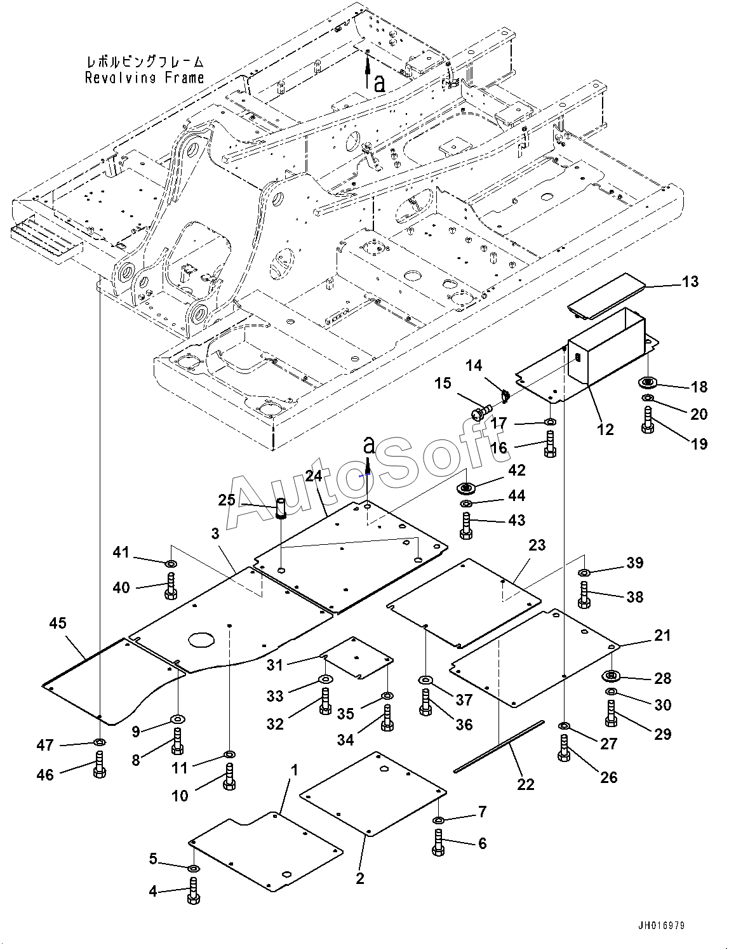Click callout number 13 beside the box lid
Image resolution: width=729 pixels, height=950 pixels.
(690, 282)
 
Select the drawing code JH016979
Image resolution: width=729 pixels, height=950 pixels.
(661, 925)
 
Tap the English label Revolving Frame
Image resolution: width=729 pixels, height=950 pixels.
(144, 78)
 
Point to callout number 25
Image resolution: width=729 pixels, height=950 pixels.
(227, 500)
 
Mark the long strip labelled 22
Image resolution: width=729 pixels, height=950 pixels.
(498, 747)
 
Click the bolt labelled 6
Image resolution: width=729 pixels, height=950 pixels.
(438, 843)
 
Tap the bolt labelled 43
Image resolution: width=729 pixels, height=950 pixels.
(466, 526)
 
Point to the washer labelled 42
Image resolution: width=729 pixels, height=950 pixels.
(466, 488)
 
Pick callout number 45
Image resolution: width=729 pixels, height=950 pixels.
(57, 622)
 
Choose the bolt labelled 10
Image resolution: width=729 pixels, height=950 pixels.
(229, 776)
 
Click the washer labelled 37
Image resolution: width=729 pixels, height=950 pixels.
(425, 680)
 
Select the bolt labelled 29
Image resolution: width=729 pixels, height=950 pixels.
(611, 713)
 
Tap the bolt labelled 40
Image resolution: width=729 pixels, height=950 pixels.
(170, 585)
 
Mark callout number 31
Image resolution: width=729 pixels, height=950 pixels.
(275, 665)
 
